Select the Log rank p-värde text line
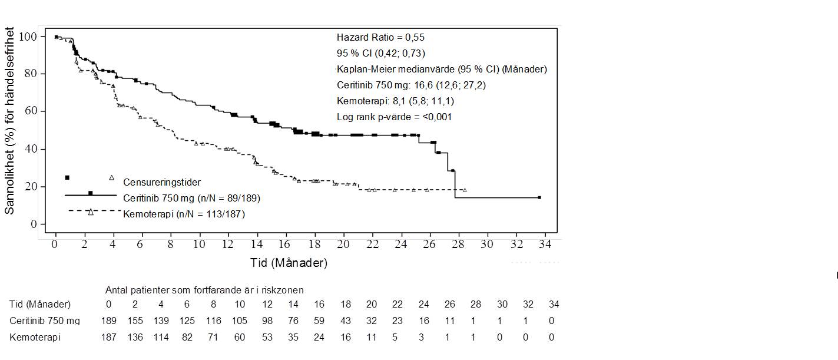pyautogui.click(x=394, y=117)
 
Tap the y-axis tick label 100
pyautogui.click(x=28, y=37)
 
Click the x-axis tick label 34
pyautogui.click(x=545, y=245)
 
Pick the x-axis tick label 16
pyautogui.click(x=285, y=245)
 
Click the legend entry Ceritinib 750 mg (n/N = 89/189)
pyautogui.click(x=191, y=198)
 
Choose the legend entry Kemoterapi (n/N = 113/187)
pyautogui.click(x=184, y=214)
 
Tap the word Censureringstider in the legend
pyautogui.click(x=162, y=182)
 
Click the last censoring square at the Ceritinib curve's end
pyautogui.click(x=539, y=197)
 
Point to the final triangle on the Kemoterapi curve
pyautogui.click(x=465, y=190)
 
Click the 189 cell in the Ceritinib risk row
pyautogui.click(x=108, y=321)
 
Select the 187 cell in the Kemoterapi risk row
pyautogui.click(x=108, y=338)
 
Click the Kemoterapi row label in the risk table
pyautogui.click(x=35, y=338)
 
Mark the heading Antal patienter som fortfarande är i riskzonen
pyautogui.click(x=204, y=290)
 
